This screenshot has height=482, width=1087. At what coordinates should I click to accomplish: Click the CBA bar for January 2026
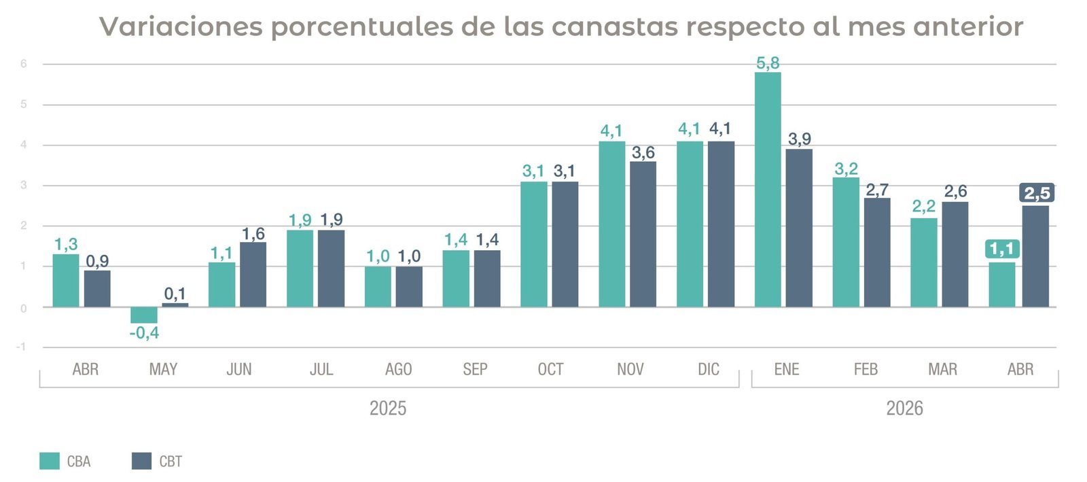[768, 189]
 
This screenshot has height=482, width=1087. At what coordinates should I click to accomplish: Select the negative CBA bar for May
[144, 315]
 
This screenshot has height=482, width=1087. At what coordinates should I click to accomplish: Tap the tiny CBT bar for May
[175, 305]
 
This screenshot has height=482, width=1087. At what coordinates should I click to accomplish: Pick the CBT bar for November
[643, 234]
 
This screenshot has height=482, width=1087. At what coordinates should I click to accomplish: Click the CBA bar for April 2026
[1002, 284]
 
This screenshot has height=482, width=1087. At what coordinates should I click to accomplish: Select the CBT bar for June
[253, 274]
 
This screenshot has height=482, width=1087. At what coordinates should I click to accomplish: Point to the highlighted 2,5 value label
[1037, 193]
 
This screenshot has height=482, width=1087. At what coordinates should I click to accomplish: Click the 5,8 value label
[768, 63]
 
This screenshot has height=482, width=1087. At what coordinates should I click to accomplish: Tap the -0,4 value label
[144, 333]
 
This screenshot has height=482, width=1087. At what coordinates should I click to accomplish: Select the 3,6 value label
[643, 152]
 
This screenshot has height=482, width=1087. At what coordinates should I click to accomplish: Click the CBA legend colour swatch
[50, 461]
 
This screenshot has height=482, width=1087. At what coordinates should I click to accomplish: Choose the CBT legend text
[171, 461]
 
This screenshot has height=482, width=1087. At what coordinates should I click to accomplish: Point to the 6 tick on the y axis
[23, 64]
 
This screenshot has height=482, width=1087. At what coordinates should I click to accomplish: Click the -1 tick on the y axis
[21, 347]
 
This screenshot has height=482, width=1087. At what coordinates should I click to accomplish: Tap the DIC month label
[709, 369]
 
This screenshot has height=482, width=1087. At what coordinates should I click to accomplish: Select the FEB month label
[866, 369]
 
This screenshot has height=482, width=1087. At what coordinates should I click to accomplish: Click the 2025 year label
[388, 408]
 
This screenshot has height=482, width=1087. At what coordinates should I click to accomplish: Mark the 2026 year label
[904, 408]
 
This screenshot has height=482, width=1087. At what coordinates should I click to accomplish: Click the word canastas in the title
[614, 27]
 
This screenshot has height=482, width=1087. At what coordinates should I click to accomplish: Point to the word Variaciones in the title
[181, 27]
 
